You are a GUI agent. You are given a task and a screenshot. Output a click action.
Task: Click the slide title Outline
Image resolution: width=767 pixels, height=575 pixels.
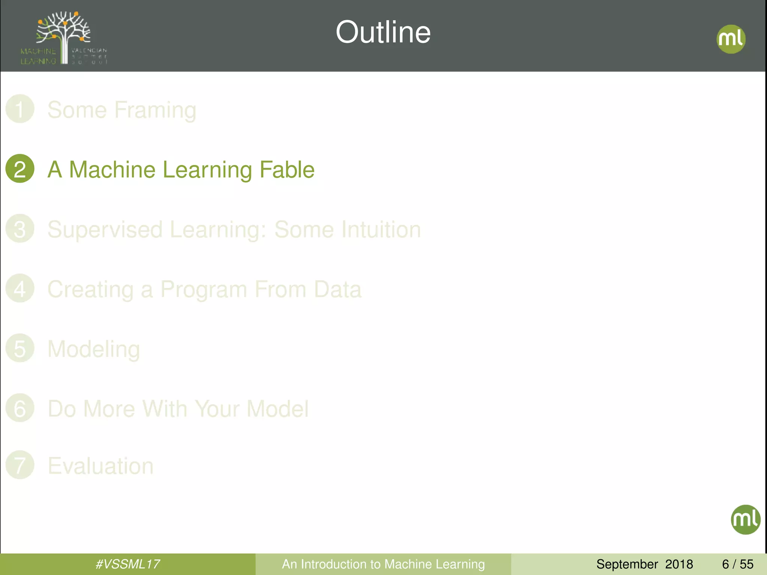[383, 32]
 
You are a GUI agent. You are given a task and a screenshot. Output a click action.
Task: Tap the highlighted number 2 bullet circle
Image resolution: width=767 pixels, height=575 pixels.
[20, 168]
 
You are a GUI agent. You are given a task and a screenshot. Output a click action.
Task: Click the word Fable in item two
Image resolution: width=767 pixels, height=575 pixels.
[287, 170]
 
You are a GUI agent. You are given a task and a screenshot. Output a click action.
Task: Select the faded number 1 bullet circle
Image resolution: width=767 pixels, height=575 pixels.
[20, 109]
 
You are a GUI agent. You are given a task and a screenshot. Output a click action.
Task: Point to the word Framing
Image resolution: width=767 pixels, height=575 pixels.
[155, 110]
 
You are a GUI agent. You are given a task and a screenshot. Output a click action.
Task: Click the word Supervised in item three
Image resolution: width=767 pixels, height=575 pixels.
[105, 229]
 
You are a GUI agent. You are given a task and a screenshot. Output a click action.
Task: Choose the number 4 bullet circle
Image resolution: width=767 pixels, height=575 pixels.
[20, 288]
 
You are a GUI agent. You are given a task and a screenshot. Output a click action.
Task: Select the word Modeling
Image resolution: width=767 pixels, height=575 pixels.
[94, 350]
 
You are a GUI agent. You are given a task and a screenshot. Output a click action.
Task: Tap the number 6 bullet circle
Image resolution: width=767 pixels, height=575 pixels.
[20, 408]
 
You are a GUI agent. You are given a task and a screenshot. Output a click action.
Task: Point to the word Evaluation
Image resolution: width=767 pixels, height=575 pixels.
[100, 466]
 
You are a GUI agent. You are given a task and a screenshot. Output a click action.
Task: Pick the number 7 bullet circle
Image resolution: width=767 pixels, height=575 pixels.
[20, 465]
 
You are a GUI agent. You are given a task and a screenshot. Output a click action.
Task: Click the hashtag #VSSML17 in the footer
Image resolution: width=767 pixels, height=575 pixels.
[128, 564]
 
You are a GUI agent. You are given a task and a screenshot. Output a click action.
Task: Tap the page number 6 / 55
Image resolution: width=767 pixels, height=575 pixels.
[737, 564]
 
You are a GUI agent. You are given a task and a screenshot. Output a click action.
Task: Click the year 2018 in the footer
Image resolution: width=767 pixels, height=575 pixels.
[679, 564]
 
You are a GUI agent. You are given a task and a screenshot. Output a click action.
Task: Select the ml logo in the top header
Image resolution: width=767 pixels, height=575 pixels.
[731, 39]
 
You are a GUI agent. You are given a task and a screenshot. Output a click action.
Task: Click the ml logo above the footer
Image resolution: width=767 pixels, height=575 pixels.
[745, 520]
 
